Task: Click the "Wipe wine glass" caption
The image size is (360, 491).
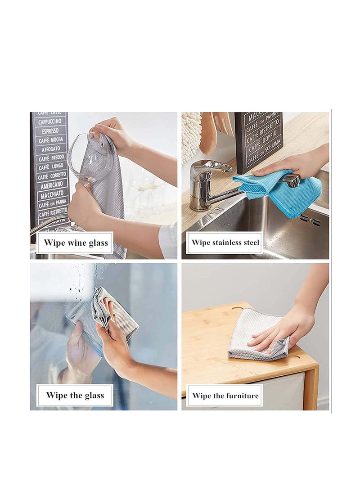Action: tap(76, 243)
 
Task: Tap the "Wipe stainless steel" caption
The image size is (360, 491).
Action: tap(225, 243)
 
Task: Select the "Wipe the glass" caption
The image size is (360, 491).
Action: tap(75, 396)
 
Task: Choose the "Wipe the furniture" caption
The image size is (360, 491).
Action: tap(225, 396)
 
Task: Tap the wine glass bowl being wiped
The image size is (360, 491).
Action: tap(88, 158)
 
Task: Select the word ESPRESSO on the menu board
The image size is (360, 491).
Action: tap(50, 131)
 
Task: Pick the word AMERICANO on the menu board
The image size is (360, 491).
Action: tap(51, 185)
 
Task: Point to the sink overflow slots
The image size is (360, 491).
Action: tap(310, 220)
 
